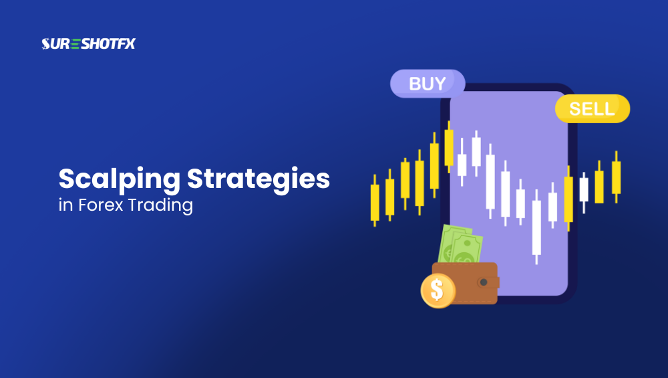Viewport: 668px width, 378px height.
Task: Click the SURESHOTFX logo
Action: tap(88, 44)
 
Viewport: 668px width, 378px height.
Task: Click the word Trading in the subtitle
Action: tap(163, 205)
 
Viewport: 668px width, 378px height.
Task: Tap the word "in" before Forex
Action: tap(65, 205)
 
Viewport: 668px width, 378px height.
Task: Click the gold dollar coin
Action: tap(438, 290)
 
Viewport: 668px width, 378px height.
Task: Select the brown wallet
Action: tap(468, 283)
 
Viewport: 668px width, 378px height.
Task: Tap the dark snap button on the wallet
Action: tap(484, 282)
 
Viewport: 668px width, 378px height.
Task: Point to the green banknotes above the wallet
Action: tap(460, 246)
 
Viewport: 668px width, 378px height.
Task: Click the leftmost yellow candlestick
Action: tap(374, 201)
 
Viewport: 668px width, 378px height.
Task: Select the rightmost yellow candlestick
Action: tap(616, 177)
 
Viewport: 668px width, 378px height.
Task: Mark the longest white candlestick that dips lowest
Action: tap(536, 227)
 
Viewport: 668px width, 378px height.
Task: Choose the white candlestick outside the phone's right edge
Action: tap(584, 189)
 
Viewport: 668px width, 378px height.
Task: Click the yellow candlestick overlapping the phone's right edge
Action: tap(568, 199)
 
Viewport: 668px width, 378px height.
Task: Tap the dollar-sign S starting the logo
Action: tap(46, 44)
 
